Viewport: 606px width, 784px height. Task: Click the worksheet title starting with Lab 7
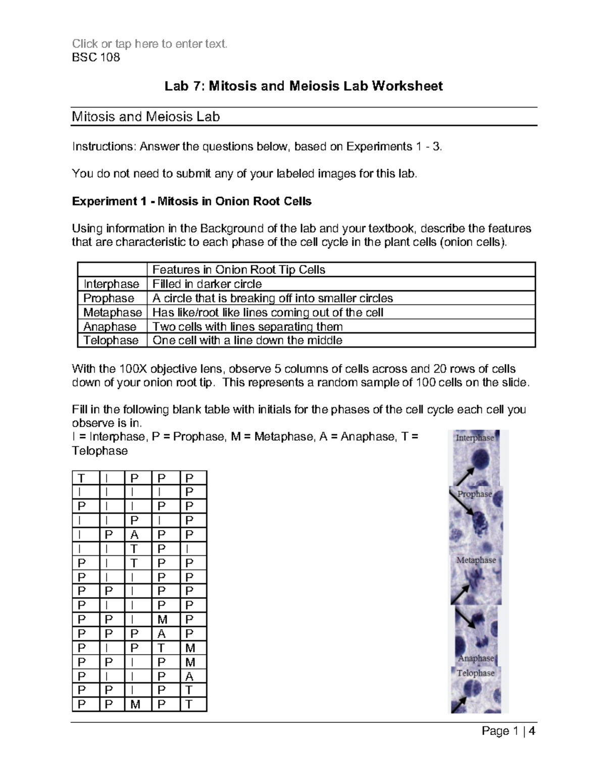click(x=304, y=86)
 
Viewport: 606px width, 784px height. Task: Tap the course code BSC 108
click(x=96, y=58)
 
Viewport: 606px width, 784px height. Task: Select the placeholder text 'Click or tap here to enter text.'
click(x=150, y=44)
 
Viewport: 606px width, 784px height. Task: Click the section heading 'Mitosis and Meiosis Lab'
click(x=146, y=117)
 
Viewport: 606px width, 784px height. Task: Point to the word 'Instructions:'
click(x=104, y=147)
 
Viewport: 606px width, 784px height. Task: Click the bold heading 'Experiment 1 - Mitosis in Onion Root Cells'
click(x=192, y=201)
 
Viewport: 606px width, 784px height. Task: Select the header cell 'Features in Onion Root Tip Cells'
click(x=239, y=270)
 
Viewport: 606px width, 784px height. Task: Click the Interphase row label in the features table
click(x=111, y=284)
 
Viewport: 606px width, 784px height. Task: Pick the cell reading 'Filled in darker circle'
click(x=207, y=284)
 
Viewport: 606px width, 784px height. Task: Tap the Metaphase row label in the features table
click(x=112, y=312)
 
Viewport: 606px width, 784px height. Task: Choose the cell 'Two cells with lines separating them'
click(x=247, y=327)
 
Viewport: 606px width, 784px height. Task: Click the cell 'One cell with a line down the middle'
click(x=247, y=341)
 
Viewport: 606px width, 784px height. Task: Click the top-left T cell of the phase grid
click(x=81, y=478)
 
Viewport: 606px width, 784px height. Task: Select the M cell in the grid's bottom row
click(x=135, y=704)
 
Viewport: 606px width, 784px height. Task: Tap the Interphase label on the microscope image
click(x=475, y=438)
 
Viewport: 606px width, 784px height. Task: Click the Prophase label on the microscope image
click(x=475, y=494)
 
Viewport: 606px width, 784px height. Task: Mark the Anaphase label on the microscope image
click(x=476, y=658)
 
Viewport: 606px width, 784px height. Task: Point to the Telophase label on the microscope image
click(x=476, y=673)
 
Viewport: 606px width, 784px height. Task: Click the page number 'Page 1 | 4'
click(x=509, y=731)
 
